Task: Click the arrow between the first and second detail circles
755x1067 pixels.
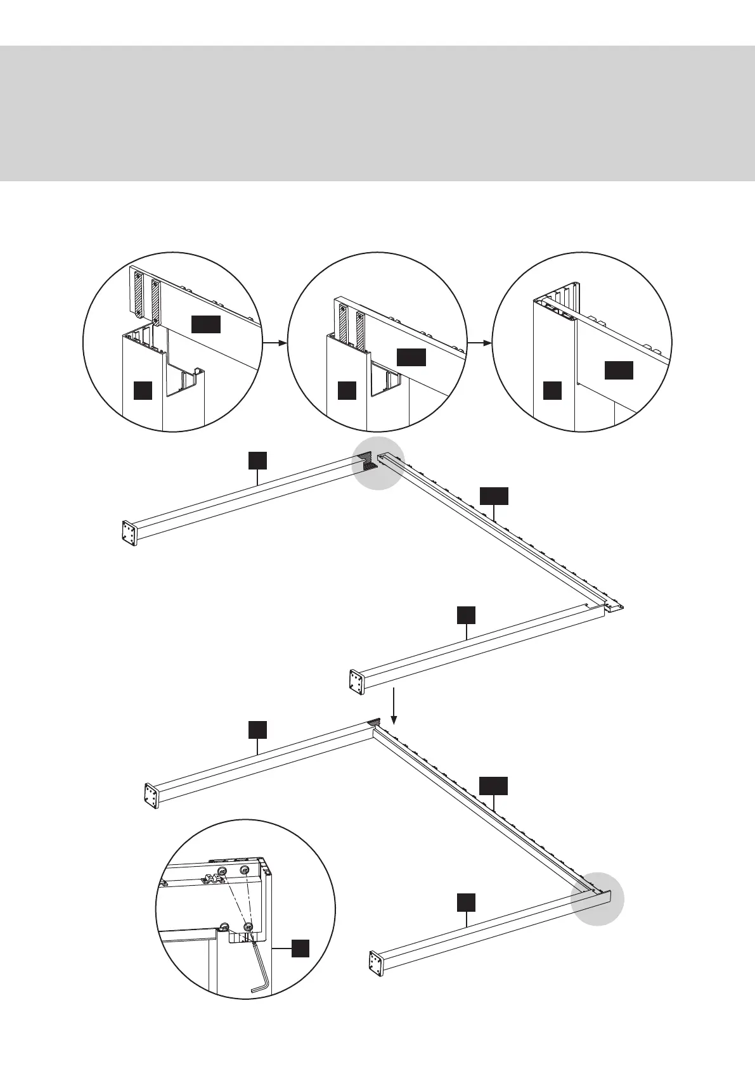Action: pyautogui.click(x=273, y=343)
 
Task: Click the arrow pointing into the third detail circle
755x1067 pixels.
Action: pyautogui.click(x=479, y=343)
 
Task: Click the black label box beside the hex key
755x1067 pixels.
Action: pyautogui.click(x=300, y=948)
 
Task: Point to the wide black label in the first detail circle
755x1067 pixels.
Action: pyautogui.click(x=206, y=324)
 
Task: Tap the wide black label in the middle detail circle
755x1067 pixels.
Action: pyautogui.click(x=411, y=357)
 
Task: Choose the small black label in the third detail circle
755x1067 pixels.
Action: pyautogui.click(x=552, y=390)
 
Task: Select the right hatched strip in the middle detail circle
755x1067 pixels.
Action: pyautogui.click(x=361, y=330)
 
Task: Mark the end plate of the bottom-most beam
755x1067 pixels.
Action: pyautogui.click(x=375, y=963)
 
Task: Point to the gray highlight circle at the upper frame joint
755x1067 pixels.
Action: pyautogui.click(x=378, y=463)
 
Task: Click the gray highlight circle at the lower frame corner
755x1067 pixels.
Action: pyautogui.click(x=597, y=899)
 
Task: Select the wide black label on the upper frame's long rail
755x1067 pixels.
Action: pyautogui.click(x=493, y=496)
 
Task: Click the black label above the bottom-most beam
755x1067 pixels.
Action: pyautogui.click(x=467, y=903)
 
